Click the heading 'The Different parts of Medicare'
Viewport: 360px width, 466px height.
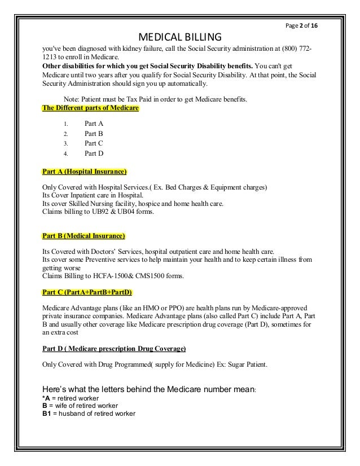(x=90, y=108)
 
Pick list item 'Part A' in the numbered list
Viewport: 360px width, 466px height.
(x=94, y=124)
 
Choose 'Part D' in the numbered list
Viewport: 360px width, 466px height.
(x=94, y=153)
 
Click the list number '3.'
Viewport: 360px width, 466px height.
(x=66, y=143)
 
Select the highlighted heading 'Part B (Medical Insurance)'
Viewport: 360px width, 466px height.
(x=84, y=235)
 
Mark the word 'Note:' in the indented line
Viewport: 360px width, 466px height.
(x=73, y=100)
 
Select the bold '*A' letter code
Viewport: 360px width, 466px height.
(x=46, y=398)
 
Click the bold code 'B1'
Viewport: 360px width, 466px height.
(x=47, y=414)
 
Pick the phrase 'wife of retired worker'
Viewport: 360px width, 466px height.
(x=85, y=406)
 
